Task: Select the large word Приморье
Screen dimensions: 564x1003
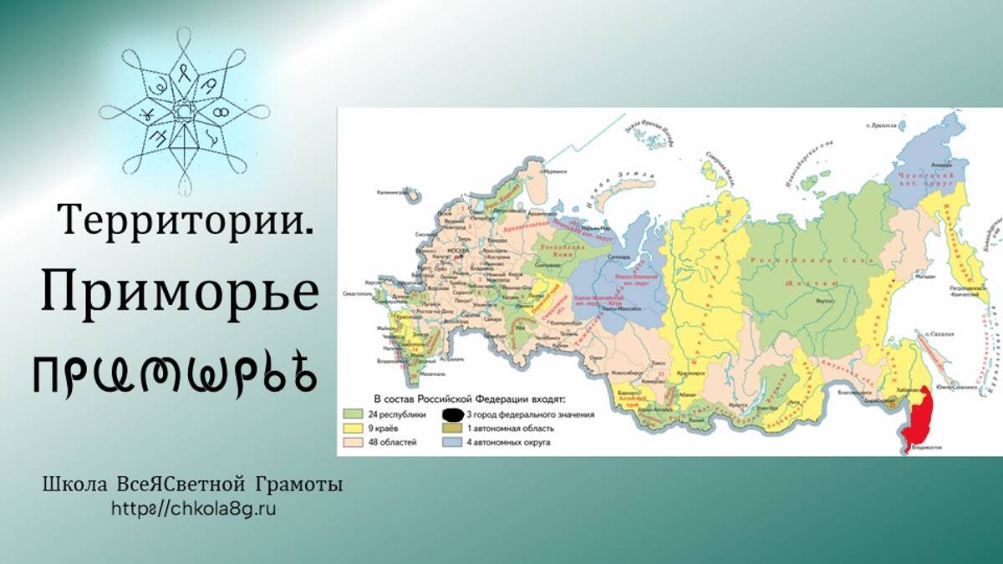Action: point(181,293)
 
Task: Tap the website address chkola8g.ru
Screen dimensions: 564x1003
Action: point(193,508)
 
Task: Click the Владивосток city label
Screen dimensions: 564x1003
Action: point(924,448)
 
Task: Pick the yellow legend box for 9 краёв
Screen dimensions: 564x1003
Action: point(353,428)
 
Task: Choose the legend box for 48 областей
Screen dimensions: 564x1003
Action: point(353,441)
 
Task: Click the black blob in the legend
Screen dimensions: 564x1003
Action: point(453,414)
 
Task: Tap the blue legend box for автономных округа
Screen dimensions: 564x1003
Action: point(453,441)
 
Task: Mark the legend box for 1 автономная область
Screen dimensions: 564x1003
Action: point(453,428)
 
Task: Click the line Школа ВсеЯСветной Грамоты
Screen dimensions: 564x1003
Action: point(193,485)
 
